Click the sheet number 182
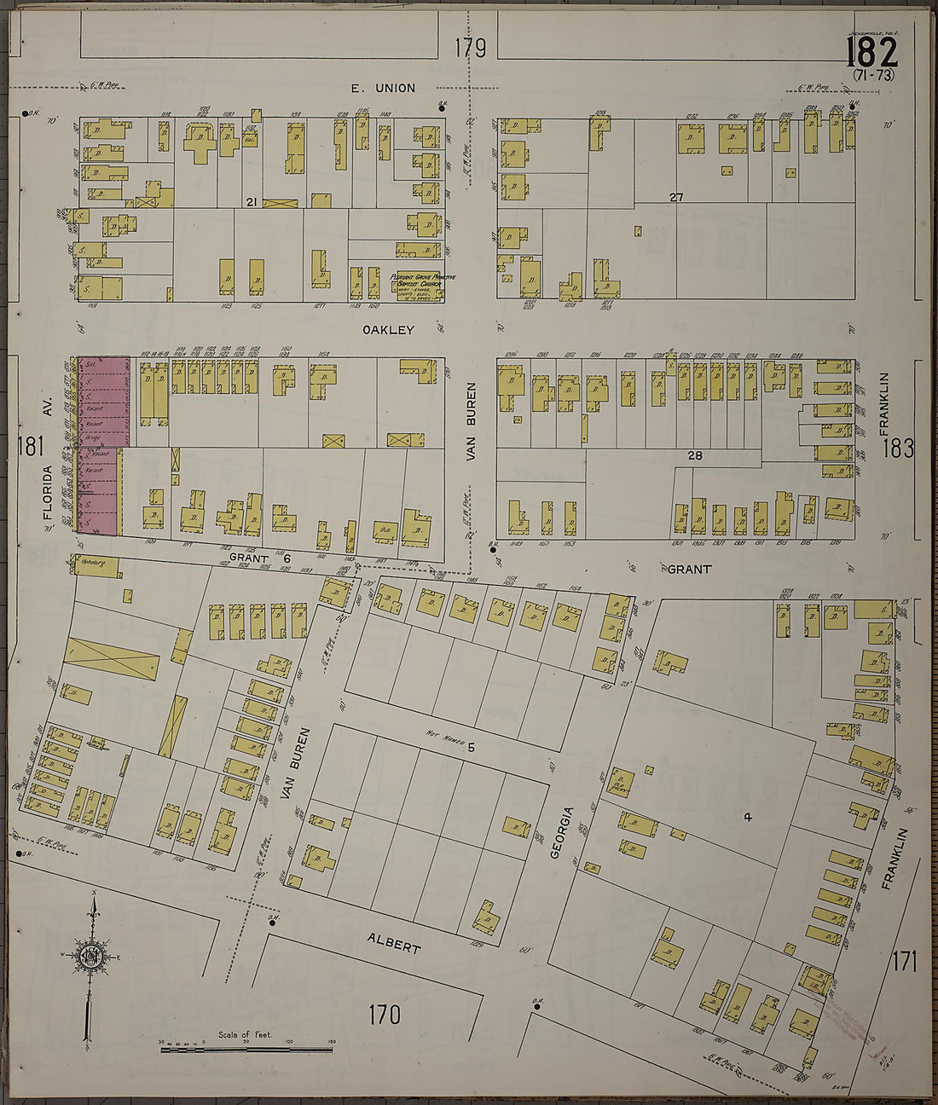(871, 53)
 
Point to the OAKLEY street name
(388, 330)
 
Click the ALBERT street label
(394, 942)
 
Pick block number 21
(251, 202)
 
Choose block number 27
(676, 198)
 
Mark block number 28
(696, 456)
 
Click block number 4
(747, 818)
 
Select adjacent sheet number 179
(470, 49)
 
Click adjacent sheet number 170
(384, 1015)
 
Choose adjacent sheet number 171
(904, 962)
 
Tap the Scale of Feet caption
(245, 1034)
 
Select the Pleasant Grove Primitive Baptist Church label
(417, 282)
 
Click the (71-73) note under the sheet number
(874, 76)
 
